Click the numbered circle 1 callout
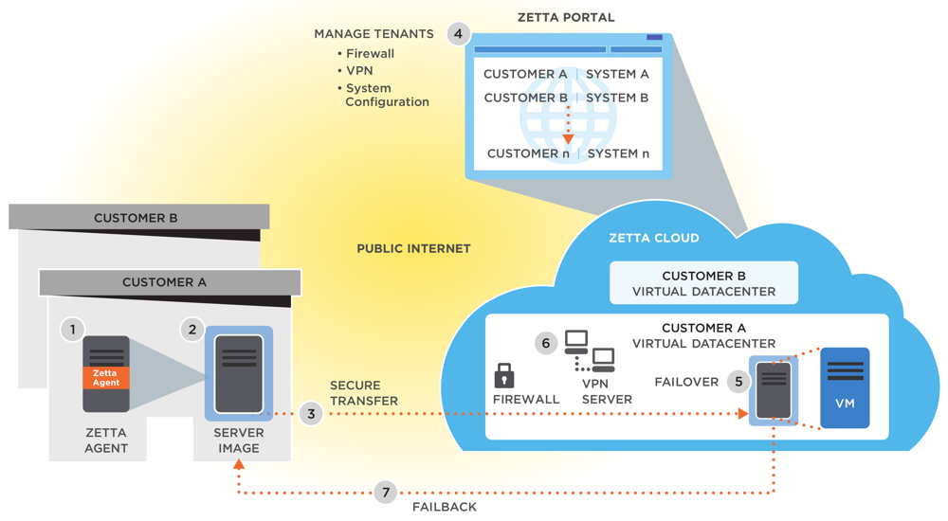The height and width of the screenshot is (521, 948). tap(71, 329)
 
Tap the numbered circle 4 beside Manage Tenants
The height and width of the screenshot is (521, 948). tap(458, 34)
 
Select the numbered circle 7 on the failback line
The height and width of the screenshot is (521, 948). tap(383, 493)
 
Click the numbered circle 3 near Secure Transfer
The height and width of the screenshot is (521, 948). tap(310, 414)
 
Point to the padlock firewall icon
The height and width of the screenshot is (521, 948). tap(504, 374)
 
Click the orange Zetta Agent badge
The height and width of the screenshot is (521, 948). tap(105, 377)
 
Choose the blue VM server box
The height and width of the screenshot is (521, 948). tap(844, 388)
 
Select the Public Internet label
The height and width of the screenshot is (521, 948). tap(413, 249)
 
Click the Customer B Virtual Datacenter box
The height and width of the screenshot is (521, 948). tap(703, 282)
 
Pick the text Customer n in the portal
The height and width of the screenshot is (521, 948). tap(526, 153)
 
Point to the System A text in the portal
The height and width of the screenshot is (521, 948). tap(617, 74)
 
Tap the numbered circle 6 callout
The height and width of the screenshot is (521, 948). tap(544, 343)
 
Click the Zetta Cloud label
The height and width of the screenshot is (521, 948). tap(653, 238)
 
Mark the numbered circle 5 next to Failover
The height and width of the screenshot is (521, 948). tap(738, 382)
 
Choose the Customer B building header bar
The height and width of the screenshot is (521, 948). tap(135, 218)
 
